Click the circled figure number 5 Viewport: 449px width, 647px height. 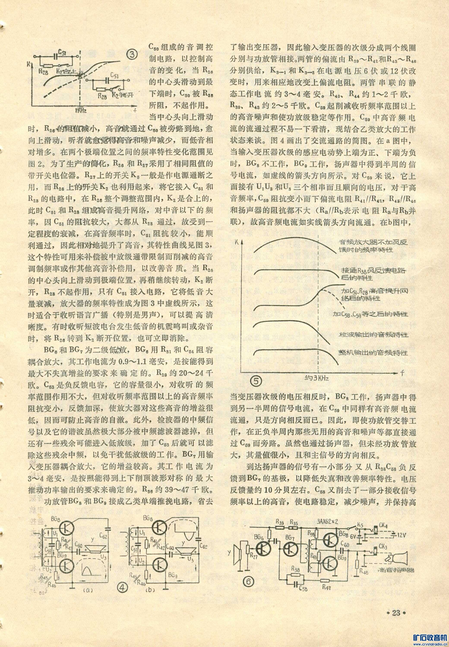coord(256,381)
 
